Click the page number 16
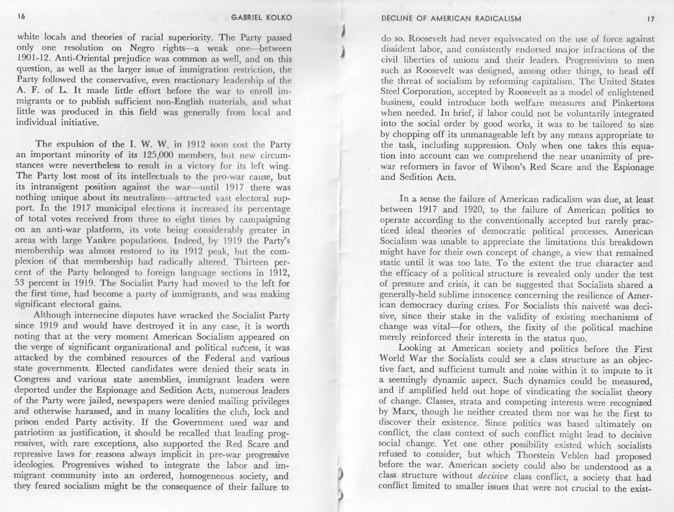coord(20,17)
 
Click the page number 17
coord(650,19)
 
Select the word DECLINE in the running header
coord(398,19)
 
